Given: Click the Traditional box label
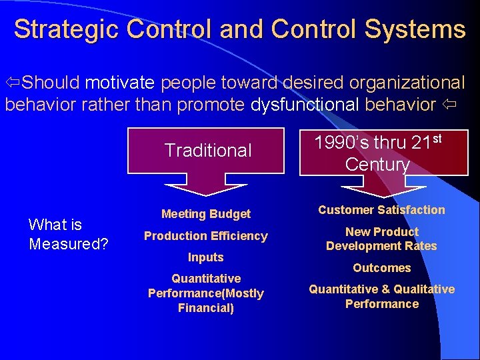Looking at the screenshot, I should point(208,151).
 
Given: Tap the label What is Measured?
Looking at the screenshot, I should point(68,234).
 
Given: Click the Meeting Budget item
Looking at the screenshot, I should point(206,214).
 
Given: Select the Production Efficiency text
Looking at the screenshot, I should point(206,236).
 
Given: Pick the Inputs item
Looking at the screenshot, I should point(206,257).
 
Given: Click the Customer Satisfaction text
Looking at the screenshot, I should point(381,210).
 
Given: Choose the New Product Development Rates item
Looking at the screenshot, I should point(381,239).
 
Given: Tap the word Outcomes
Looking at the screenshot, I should point(381,268).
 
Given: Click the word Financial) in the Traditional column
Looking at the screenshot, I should point(206,308).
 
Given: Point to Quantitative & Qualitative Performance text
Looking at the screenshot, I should point(381,297).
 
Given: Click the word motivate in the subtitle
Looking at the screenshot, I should point(119,83).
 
